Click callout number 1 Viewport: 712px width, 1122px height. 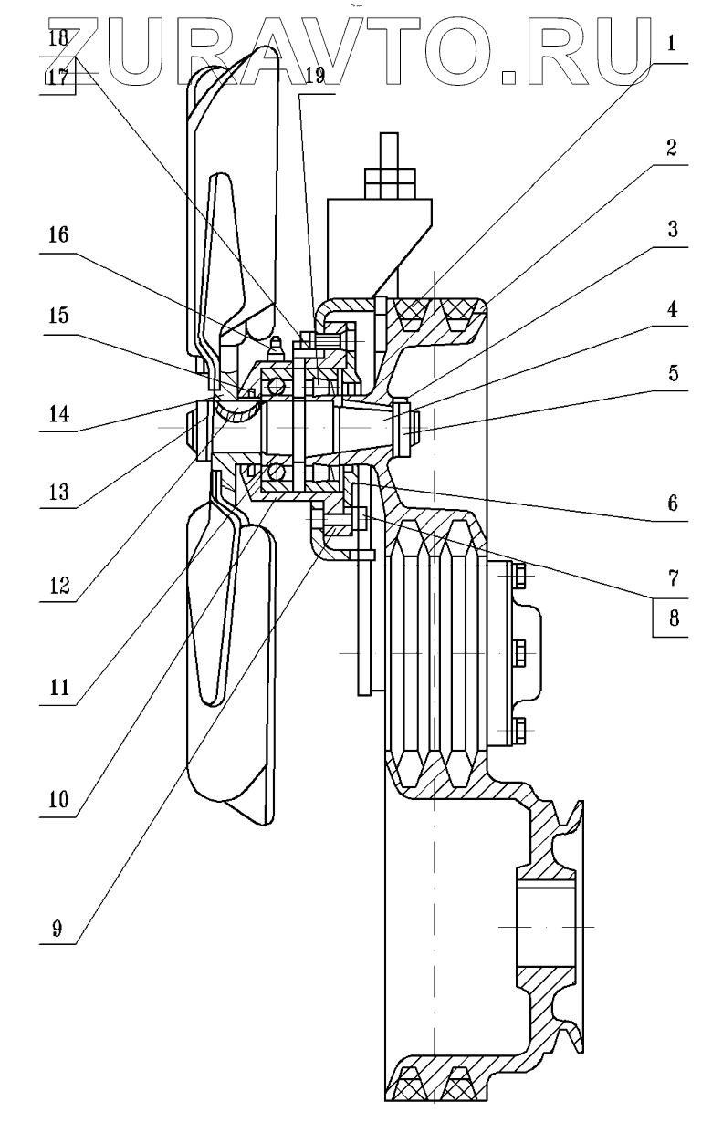click(x=672, y=44)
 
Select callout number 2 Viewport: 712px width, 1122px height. click(x=672, y=149)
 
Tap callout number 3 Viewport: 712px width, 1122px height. click(x=673, y=229)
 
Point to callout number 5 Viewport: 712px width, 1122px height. click(x=673, y=374)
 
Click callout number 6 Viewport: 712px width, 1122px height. click(x=673, y=503)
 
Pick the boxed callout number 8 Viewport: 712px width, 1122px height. click(x=674, y=618)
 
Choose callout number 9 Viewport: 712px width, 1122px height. click(x=57, y=928)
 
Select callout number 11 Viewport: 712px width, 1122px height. click(x=58, y=688)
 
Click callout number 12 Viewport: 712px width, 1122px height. click(x=58, y=585)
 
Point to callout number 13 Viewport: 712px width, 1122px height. click(x=58, y=492)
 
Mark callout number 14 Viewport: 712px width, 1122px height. click(x=58, y=414)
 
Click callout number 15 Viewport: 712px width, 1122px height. click(x=58, y=316)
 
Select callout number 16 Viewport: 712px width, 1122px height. click(x=58, y=235)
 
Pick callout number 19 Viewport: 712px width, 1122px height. click(x=315, y=76)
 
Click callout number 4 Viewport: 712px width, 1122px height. click(x=673, y=309)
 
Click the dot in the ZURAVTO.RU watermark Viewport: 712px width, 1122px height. click(x=509, y=78)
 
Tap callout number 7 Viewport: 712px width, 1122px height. click(x=674, y=578)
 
